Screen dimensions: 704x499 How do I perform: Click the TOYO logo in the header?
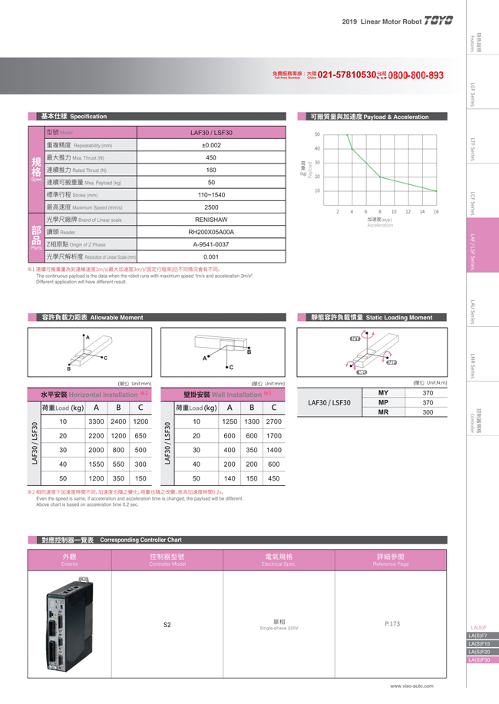tap(439, 21)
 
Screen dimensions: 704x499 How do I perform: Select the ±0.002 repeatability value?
tap(211, 145)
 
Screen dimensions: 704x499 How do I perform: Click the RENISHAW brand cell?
tap(211, 220)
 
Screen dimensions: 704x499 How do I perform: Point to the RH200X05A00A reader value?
tap(211, 232)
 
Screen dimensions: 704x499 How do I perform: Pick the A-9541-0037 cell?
tap(211, 244)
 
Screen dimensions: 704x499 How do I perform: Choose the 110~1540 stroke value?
tap(211, 195)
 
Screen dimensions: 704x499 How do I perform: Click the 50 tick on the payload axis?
tap(317, 134)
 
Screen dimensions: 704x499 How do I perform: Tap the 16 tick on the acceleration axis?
tap(436, 212)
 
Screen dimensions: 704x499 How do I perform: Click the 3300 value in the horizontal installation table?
tap(96, 421)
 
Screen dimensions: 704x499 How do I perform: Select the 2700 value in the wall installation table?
tap(273, 421)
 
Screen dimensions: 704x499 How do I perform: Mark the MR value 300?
tap(428, 412)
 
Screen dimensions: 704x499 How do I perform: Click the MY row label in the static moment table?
tap(383, 393)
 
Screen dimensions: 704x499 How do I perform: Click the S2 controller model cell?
tap(167, 625)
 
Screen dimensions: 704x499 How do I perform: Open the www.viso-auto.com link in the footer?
tap(411, 686)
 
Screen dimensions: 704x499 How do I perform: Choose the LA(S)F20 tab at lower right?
tap(481, 652)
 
